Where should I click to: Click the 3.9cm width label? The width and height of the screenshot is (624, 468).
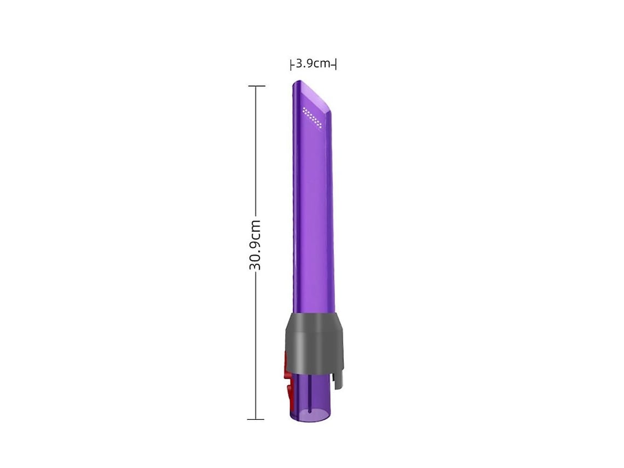click(313, 63)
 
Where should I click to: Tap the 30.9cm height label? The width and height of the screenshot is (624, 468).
click(255, 245)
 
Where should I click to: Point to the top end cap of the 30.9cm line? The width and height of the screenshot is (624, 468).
click(256, 85)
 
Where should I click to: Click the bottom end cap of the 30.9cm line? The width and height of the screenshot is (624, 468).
click(256, 419)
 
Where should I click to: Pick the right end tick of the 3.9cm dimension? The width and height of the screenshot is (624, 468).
click(336, 64)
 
